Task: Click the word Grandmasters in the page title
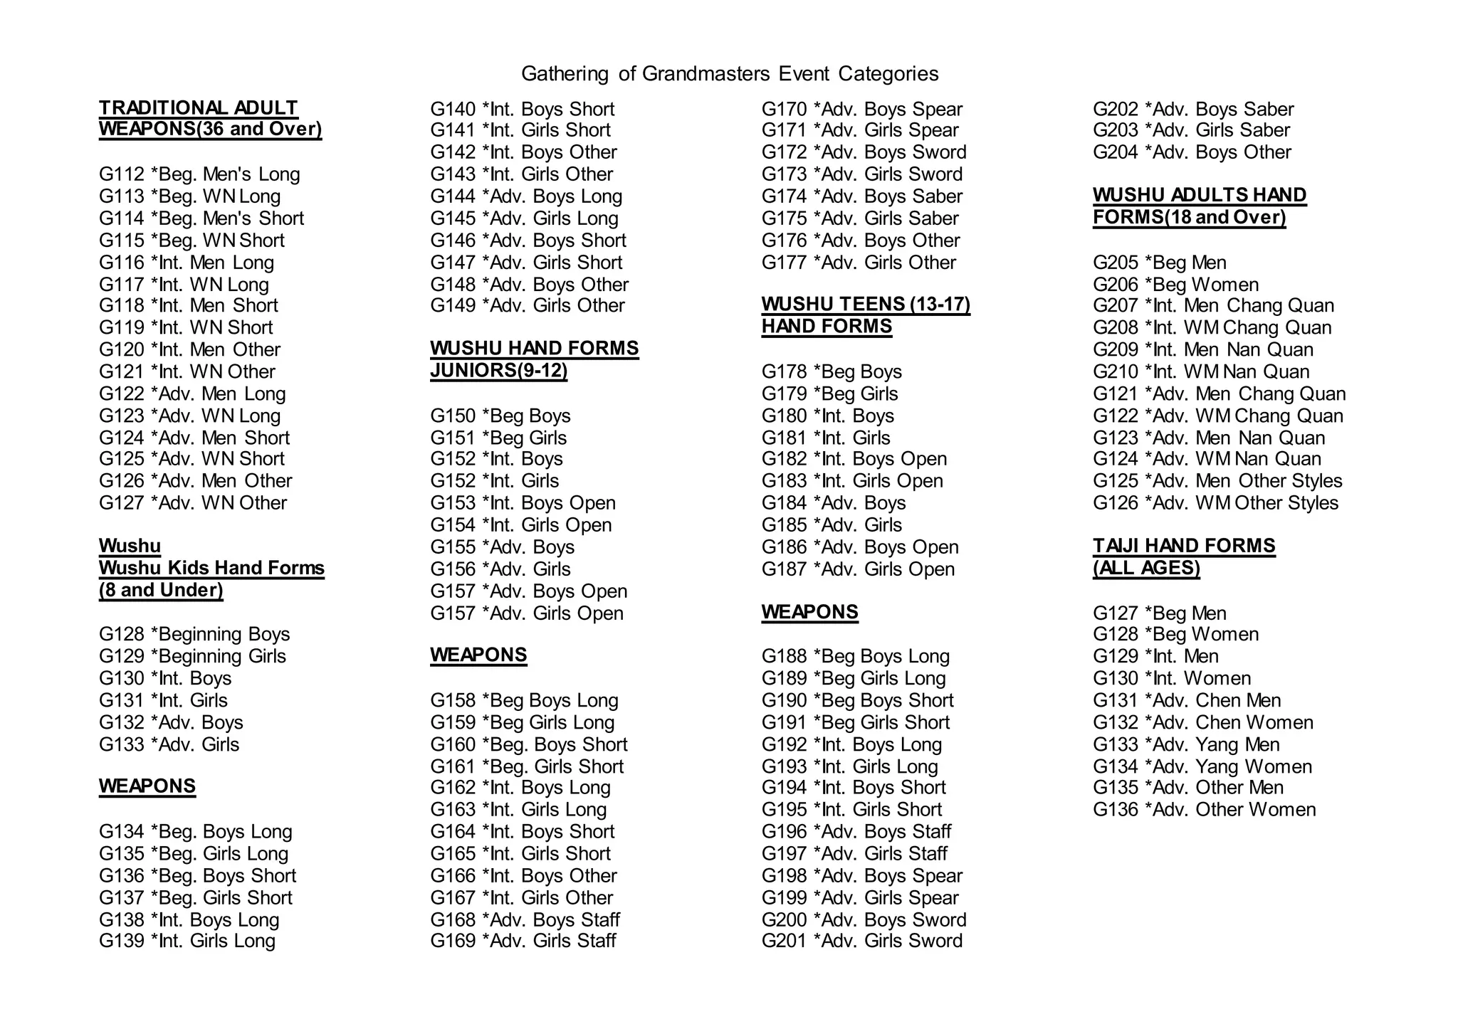(706, 74)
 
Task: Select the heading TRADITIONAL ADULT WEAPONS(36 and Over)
(210, 119)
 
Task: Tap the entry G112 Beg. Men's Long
(199, 174)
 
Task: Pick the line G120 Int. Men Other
(189, 349)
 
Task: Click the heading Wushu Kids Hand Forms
(211, 568)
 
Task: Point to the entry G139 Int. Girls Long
(187, 941)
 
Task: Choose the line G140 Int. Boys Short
(522, 109)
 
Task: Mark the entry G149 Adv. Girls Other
(528, 305)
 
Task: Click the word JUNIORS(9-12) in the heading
(498, 370)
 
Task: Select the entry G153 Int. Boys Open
(523, 503)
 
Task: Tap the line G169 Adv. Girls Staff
(523, 941)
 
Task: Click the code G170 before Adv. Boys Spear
(784, 109)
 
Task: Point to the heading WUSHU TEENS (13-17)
(866, 305)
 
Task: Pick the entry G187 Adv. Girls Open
(858, 569)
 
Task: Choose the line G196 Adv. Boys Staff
(856, 832)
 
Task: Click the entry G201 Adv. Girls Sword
(861, 941)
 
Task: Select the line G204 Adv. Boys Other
(1192, 152)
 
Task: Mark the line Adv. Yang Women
(1202, 766)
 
